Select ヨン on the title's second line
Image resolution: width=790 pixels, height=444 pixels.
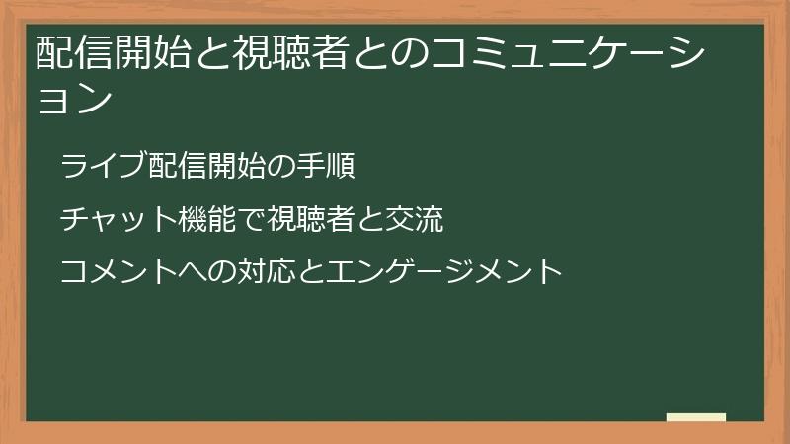tap(70, 98)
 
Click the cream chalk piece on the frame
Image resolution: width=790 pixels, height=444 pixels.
tap(695, 417)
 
